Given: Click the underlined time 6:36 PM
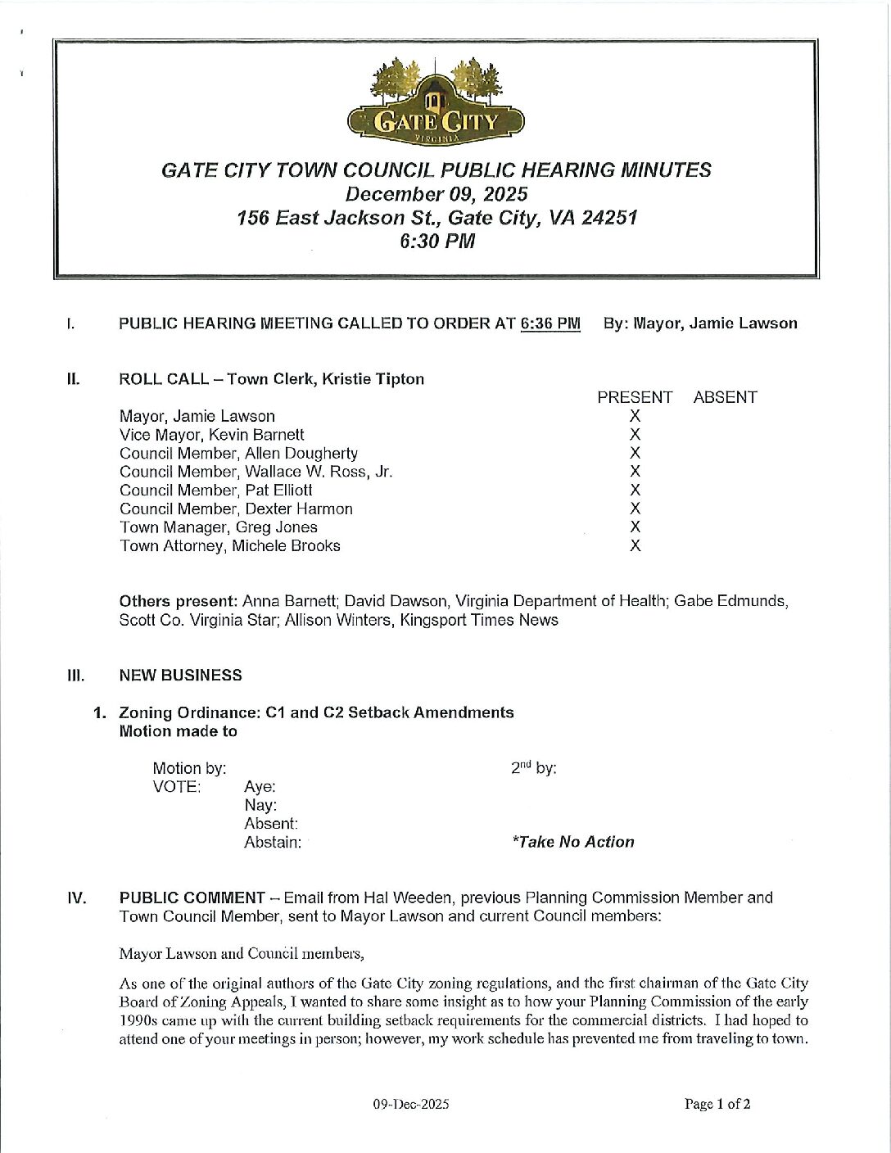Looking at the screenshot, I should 550,323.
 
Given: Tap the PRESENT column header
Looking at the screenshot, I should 635,397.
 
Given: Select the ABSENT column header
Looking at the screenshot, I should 725,397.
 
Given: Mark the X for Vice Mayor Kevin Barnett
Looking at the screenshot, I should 635,435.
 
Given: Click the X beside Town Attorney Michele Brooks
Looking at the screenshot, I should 635,545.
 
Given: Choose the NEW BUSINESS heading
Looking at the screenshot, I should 180,676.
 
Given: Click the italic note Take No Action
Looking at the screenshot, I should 572,842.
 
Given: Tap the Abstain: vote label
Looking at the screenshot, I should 273,842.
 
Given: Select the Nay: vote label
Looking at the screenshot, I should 260,805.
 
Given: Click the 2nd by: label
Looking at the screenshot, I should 533,768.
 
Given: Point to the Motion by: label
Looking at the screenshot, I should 189,768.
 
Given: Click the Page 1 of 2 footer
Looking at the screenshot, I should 717,1104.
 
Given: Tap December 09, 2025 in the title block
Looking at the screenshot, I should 436,194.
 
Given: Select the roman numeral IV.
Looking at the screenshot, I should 76,898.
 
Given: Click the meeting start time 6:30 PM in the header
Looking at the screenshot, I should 436,242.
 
